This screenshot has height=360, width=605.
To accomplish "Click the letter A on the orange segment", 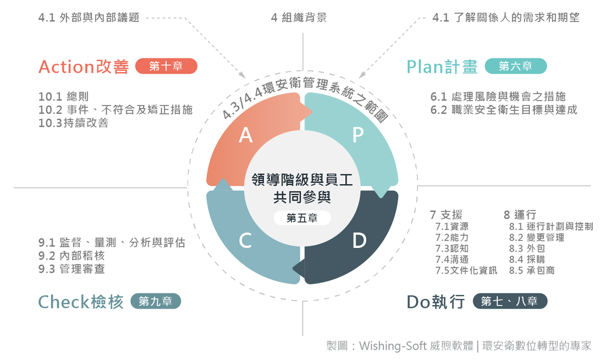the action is (x=246, y=135).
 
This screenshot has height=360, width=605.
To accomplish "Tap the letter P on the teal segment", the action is (x=358, y=135).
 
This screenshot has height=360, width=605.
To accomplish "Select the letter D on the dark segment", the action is (x=359, y=241).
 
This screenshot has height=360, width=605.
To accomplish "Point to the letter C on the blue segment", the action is (x=245, y=241).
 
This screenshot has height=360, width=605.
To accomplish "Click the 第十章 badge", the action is (x=166, y=66).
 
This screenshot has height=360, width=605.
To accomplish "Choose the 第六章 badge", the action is (x=515, y=66).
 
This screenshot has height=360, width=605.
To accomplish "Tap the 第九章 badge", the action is (x=156, y=301).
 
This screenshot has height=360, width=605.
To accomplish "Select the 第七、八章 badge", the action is (x=510, y=301).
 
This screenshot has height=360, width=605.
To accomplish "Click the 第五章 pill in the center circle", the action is (x=302, y=218).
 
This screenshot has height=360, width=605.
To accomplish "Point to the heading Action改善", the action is (x=84, y=67).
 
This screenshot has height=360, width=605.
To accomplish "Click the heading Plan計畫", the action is (x=442, y=67).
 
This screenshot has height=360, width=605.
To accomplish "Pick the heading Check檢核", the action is (x=81, y=302).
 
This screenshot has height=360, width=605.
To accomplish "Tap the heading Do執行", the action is (x=436, y=302).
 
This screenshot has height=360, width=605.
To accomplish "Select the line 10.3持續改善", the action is (x=73, y=123).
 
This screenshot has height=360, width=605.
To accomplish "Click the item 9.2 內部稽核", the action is (x=71, y=256).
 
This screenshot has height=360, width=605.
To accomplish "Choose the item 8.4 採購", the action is (x=527, y=259).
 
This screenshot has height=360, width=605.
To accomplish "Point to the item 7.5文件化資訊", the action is (x=466, y=270).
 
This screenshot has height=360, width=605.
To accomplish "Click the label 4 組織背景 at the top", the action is (x=299, y=18).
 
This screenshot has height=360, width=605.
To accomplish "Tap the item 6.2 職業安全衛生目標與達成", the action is (x=504, y=110).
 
